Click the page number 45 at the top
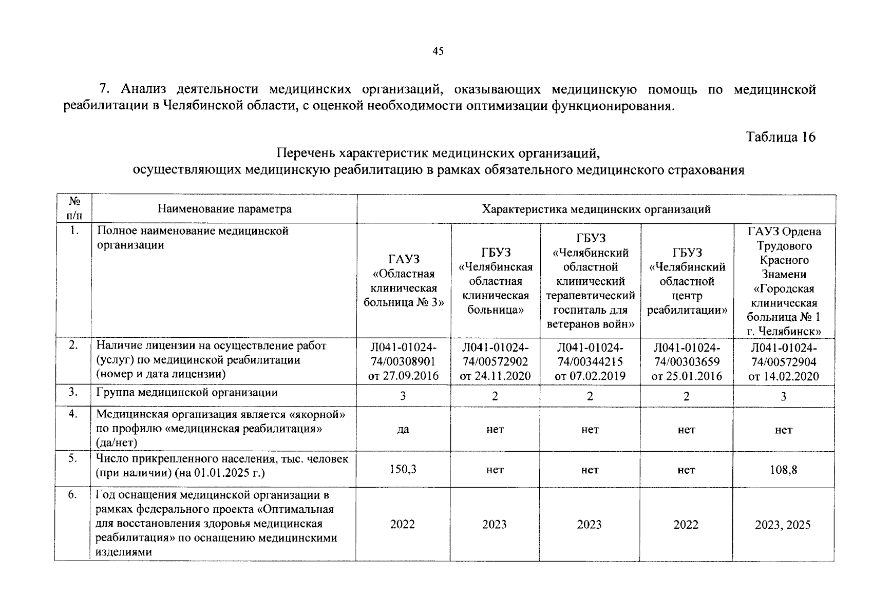(x=438, y=51)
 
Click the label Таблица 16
(x=781, y=138)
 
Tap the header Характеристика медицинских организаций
(x=596, y=209)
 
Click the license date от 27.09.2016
(x=403, y=376)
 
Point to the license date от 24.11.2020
(x=495, y=376)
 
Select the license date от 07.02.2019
(x=590, y=376)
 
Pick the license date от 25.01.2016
(x=687, y=376)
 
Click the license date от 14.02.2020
(x=784, y=376)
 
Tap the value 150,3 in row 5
(x=403, y=469)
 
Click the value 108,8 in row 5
(x=784, y=469)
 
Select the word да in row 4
(x=403, y=430)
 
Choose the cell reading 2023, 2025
(x=783, y=525)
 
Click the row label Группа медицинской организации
(x=187, y=393)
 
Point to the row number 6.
(x=73, y=495)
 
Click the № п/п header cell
(x=73, y=208)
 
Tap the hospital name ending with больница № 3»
(x=404, y=302)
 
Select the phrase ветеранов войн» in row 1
(x=591, y=324)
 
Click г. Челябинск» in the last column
(x=784, y=331)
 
